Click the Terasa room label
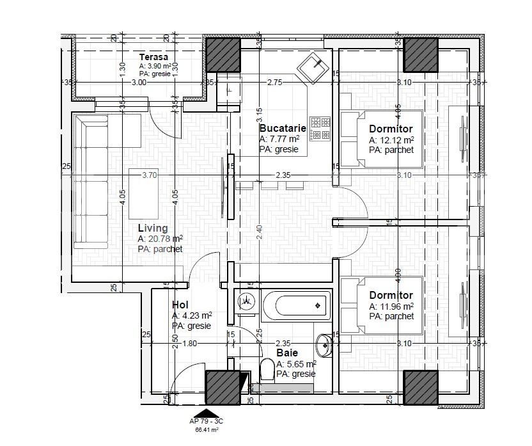coord(153,57)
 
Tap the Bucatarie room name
coord(282,129)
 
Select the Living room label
coord(153,228)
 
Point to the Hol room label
coord(180,305)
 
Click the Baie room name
coord(286,353)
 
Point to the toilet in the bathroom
coord(267,370)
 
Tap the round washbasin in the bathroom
coord(324,346)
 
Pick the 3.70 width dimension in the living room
coord(149,175)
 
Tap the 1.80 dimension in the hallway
coord(190,344)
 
